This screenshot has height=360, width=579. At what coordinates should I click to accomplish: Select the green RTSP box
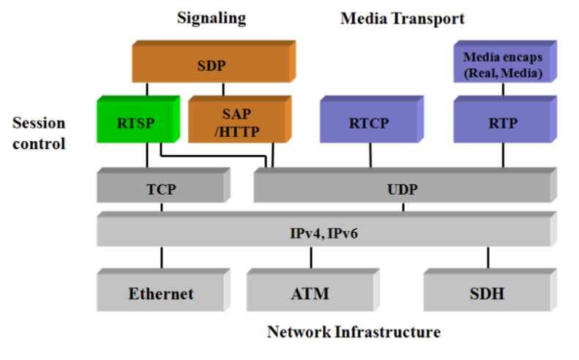tap(136, 122)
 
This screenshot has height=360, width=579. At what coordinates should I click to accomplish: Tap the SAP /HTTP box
tap(235, 122)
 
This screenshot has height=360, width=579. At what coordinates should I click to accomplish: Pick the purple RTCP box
tap(369, 122)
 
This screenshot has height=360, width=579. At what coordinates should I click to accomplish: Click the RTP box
tap(503, 122)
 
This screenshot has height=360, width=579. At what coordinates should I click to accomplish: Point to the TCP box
tap(161, 189)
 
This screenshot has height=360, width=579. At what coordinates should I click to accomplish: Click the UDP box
tap(402, 189)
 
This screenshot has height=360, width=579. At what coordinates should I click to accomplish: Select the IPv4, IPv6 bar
tap(323, 233)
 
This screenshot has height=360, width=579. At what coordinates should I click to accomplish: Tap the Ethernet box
tap(161, 294)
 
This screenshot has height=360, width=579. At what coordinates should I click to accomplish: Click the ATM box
tap(310, 294)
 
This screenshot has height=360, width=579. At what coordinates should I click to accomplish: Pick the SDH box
tap(488, 294)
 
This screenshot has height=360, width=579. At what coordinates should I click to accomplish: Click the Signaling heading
tap(212, 18)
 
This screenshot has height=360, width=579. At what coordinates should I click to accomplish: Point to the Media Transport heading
tap(403, 18)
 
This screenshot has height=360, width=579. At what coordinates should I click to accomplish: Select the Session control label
tap(39, 133)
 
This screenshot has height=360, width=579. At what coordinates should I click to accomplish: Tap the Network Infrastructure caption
tap(354, 332)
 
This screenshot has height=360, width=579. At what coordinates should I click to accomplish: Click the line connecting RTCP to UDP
tap(370, 156)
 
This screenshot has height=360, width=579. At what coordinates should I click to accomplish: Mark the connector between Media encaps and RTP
tap(503, 89)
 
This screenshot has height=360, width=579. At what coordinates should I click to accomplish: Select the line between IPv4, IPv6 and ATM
tap(311, 258)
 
